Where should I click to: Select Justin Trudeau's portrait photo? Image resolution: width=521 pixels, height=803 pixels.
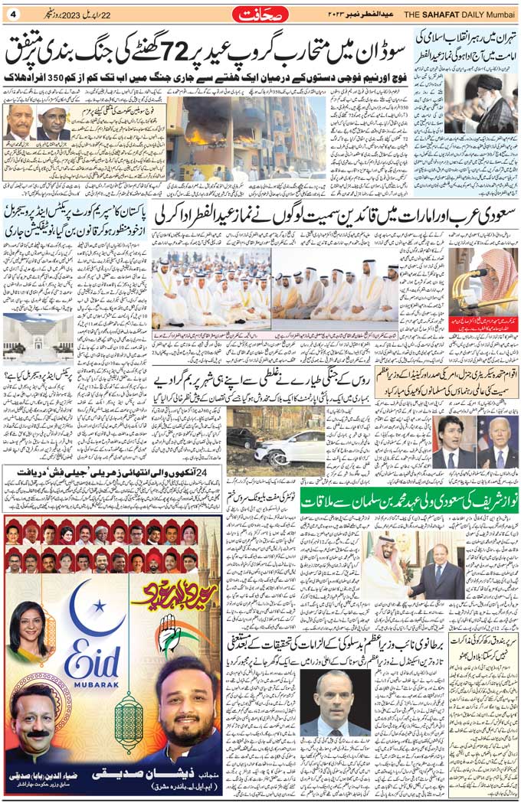[x=454, y=442]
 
